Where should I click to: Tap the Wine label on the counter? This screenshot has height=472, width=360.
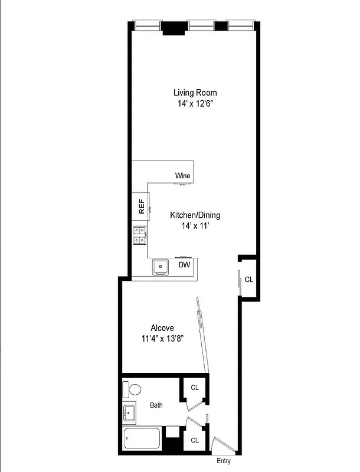[182, 176]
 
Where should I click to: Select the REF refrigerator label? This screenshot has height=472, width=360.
[142, 206]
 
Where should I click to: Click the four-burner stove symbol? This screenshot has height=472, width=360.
[140, 235]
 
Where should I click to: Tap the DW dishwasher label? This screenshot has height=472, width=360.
[185, 265]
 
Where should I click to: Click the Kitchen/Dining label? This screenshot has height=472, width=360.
[195, 215]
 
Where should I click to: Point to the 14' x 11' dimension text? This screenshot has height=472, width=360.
[195, 226]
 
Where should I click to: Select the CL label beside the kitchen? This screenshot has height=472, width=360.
[248, 280]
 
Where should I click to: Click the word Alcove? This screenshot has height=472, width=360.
[162, 327]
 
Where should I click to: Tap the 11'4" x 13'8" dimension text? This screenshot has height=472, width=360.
[162, 339]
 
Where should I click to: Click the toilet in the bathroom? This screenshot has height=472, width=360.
[132, 389]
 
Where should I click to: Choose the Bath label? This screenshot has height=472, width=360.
[156, 405]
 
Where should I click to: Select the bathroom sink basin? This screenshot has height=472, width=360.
[130, 413]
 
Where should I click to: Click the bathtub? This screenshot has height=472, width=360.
[142, 440]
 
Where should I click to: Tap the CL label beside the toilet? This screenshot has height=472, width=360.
[194, 388]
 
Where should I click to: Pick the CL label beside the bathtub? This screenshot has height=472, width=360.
[194, 440]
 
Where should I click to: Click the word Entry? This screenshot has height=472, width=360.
[224, 461]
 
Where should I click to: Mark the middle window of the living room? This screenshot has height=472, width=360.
[201, 25]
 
